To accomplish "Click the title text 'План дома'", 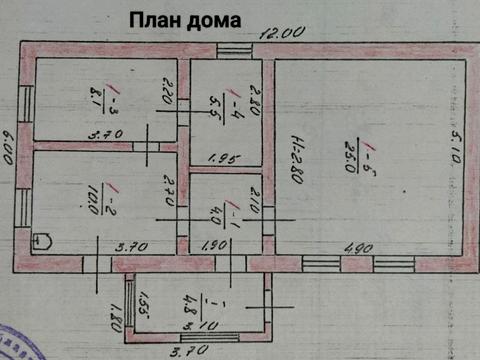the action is (x=183, y=19).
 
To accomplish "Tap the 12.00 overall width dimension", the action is (x=282, y=32).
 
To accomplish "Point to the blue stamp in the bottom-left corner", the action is (x=14, y=340).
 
